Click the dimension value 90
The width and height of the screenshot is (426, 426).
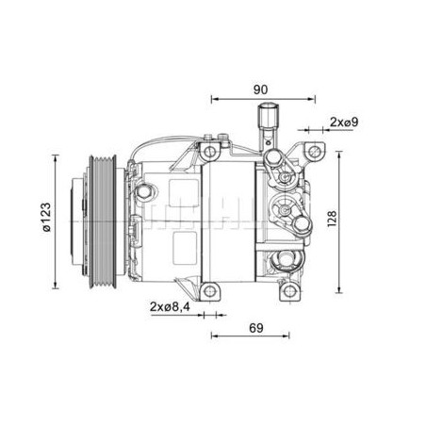tap(260, 90)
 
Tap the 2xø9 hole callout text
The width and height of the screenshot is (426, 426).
tap(344, 122)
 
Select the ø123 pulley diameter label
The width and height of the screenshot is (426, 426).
tap(46, 218)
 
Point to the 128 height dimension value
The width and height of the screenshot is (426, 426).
tap(332, 219)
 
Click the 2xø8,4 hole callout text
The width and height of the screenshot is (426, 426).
tap(170, 306)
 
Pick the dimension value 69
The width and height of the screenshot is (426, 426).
tap(256, 328)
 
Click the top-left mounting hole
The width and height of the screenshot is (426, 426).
tap(209, 152)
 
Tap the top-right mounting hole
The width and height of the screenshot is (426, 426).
tap(314, 152)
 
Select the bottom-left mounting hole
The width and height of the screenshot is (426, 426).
tap(209, 291)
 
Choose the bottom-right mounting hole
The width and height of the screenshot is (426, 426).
tap(289, 291)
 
